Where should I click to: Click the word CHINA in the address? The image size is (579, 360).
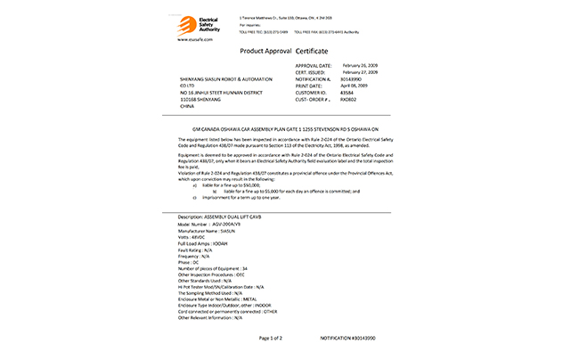[187, 105]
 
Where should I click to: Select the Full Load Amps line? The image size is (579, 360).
[204, 243]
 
